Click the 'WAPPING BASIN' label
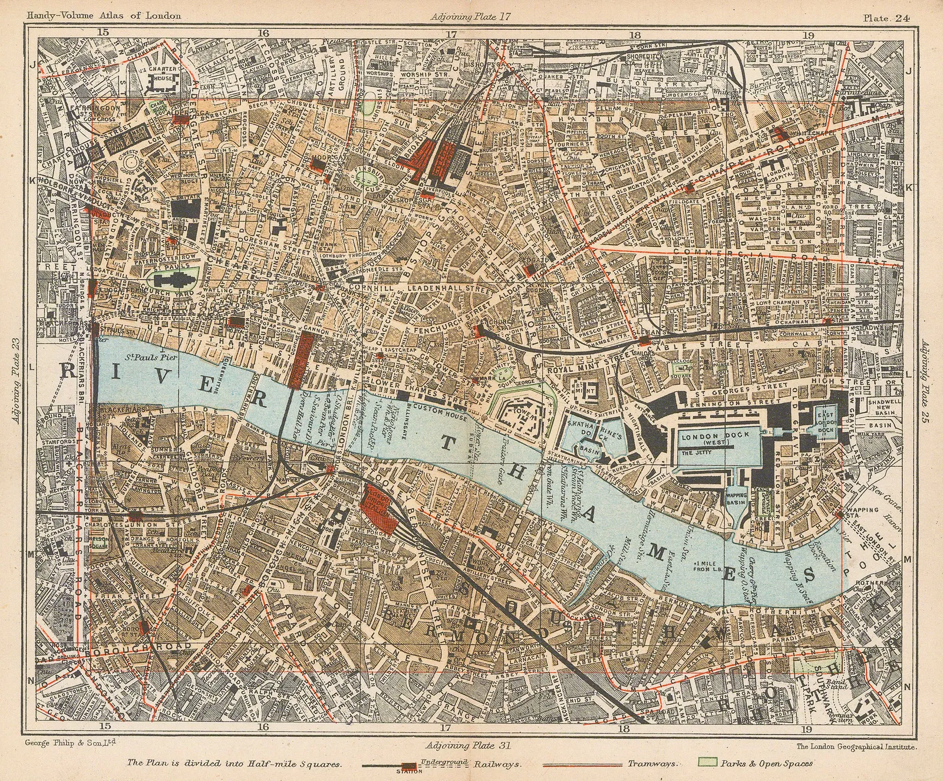tap(737, 500)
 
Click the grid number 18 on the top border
tap(634, 34)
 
